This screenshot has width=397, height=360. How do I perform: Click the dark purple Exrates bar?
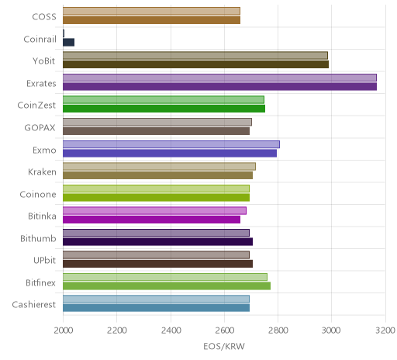tap(219, 87)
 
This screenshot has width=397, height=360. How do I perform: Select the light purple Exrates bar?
tap(219, 78)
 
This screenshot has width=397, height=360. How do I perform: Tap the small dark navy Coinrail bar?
tap(68, 42)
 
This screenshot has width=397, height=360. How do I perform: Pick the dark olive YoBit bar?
tap(195, 64)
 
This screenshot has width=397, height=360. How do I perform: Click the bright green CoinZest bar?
tap(164, 109)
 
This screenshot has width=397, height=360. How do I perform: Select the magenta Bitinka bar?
tap(151, 220)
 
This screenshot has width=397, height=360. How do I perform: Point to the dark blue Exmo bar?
tap(170, 153)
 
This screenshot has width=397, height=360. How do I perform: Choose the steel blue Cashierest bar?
tap(156, 308)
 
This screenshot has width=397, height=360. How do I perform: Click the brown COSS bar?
tap(151, 20)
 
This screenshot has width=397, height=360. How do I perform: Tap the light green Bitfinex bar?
tap(165, 277)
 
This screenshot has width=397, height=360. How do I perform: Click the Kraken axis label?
tap(42, 172)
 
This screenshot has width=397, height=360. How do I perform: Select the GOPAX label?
tap(40, 128)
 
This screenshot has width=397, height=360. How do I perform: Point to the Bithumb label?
tap(38, 238)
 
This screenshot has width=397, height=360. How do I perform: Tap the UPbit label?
tap(44, 260)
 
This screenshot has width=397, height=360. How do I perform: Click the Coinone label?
tap(38, 194)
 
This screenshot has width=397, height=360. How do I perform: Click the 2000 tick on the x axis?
tap(63, 331)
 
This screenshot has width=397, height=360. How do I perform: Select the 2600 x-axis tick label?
tap(224, 331)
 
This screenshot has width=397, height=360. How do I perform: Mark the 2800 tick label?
tap(278, 331)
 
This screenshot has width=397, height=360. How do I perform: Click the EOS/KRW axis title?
tap(224, 346)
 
